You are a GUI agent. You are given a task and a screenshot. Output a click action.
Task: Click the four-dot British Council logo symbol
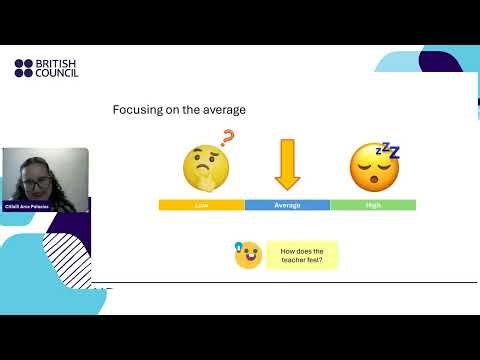coord(23,68)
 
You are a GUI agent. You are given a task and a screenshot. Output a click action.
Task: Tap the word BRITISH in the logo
coord(56,63)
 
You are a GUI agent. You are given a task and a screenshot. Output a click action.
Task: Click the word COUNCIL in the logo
coord(57,73)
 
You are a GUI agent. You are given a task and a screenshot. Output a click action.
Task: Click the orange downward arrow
coord(287,164)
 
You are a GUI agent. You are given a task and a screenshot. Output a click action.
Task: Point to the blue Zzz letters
coord(387,152)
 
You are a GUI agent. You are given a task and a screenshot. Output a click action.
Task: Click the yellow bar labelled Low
coord(201,205)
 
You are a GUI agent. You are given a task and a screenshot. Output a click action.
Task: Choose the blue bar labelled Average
coord(287,205)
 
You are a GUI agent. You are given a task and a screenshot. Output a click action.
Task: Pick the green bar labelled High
coord(373,205)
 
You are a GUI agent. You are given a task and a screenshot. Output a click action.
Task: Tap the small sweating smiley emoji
coord(247,256)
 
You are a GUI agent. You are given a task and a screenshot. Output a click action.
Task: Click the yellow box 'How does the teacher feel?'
coord(302,255)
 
